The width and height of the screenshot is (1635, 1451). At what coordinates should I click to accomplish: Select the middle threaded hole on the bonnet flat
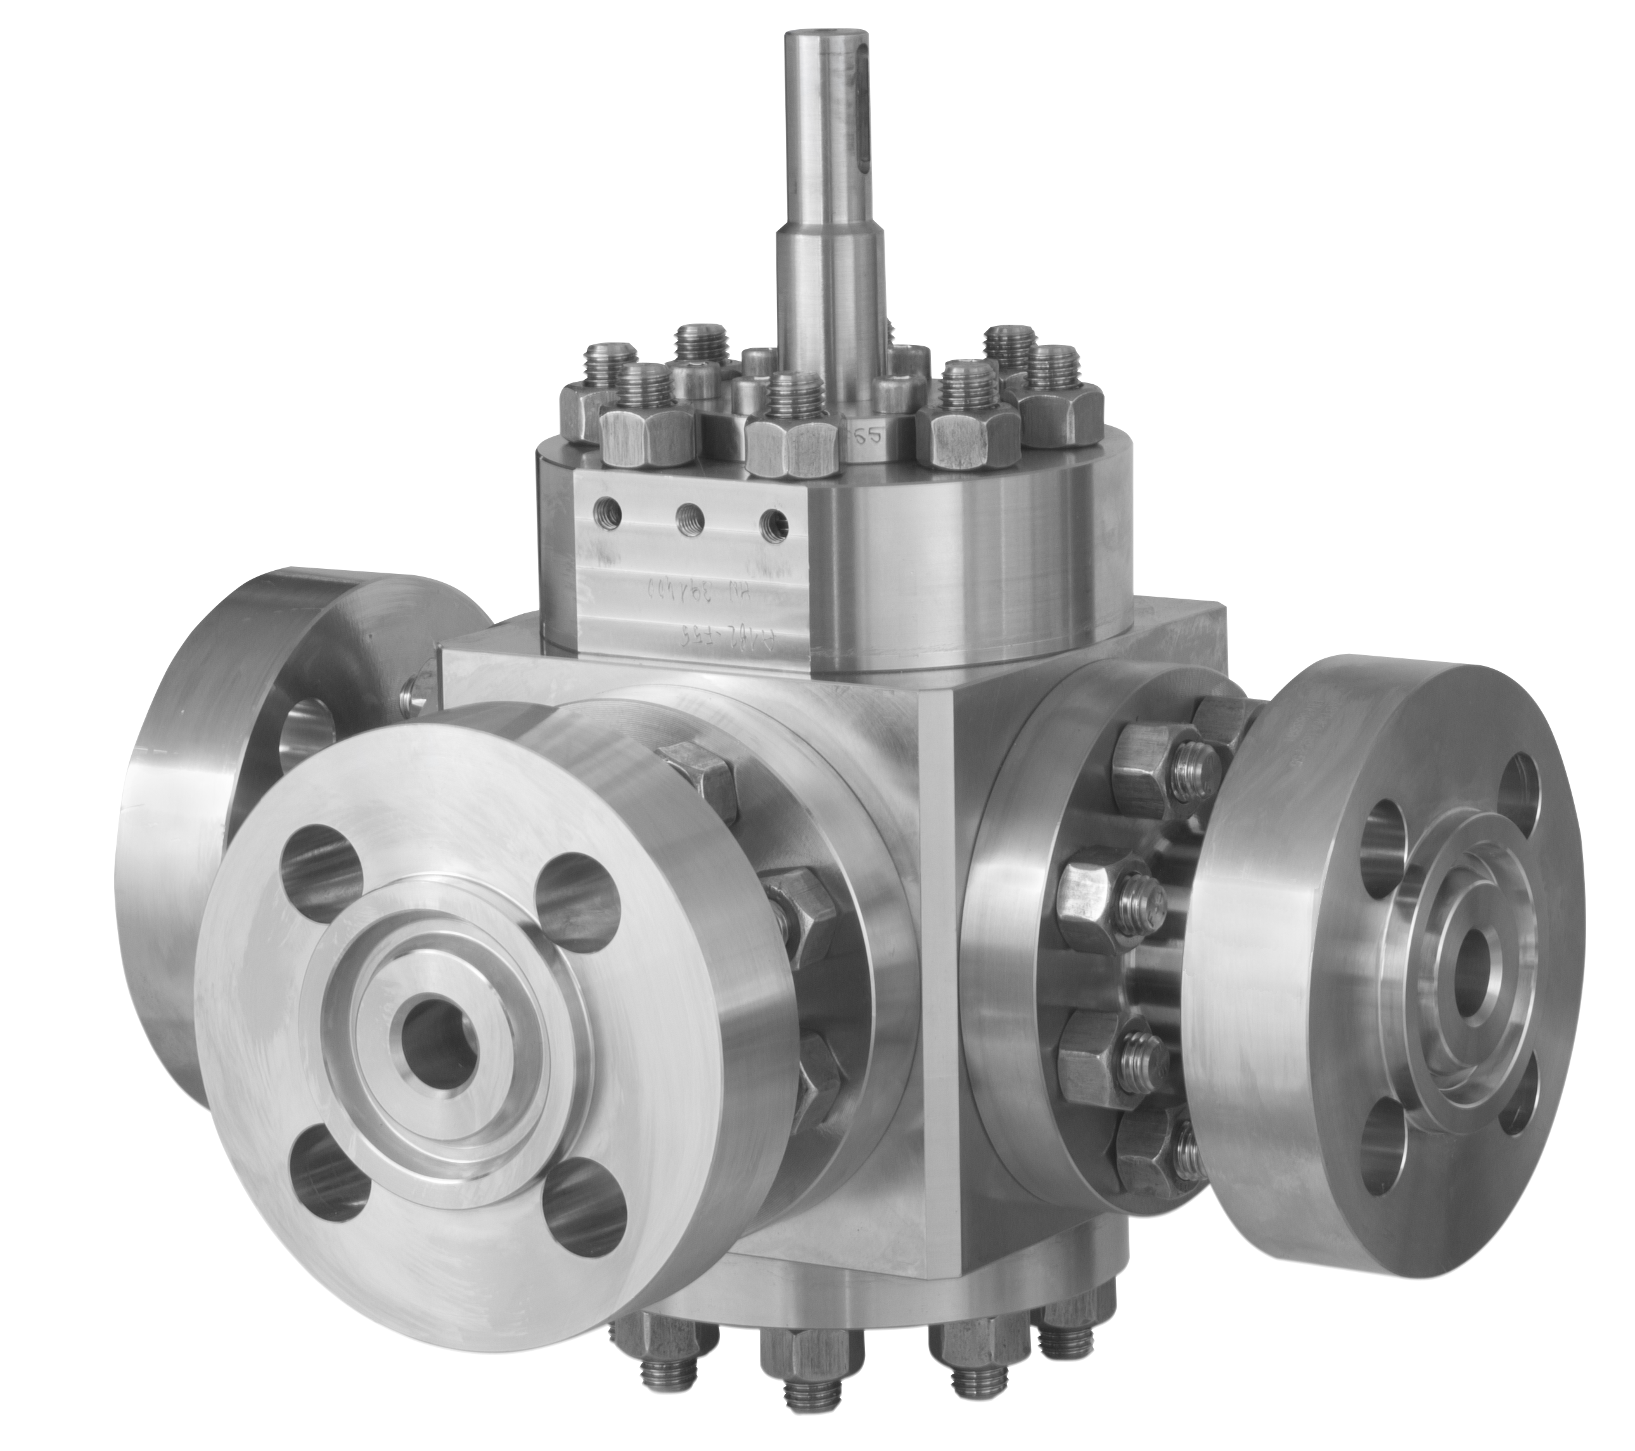686,517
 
